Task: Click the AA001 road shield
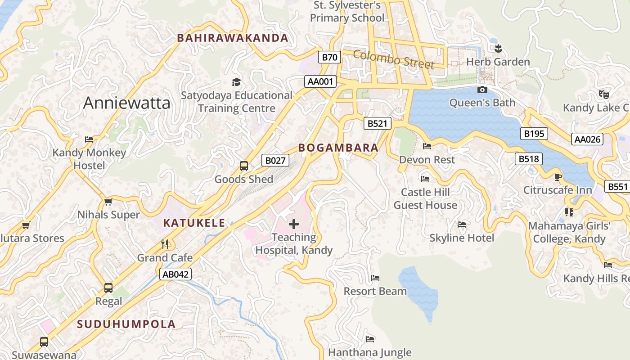pos(321,81)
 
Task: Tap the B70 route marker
pos(330,57)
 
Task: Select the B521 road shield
pos(377,123)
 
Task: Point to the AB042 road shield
pos(175,274)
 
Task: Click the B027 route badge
pos(275,160)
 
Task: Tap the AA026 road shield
pos(587,139)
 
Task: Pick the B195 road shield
pos(534,133)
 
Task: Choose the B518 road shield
pos(529,158)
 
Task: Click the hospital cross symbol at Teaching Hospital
pos(294,224)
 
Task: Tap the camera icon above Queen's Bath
pos(482,90)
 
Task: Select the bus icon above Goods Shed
pos(243,166)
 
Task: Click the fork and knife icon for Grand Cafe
pos(165,244)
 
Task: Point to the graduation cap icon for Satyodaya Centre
pos(236,82)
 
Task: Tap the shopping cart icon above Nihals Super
pos(108,202)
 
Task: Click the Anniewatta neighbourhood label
pos(127,103)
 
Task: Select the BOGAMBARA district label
pos(338,148)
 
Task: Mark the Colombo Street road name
pos(394,59)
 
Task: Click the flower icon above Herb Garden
pos(498,48)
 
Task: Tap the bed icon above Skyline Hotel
pos(461,225)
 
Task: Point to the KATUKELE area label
pos(194,223)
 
